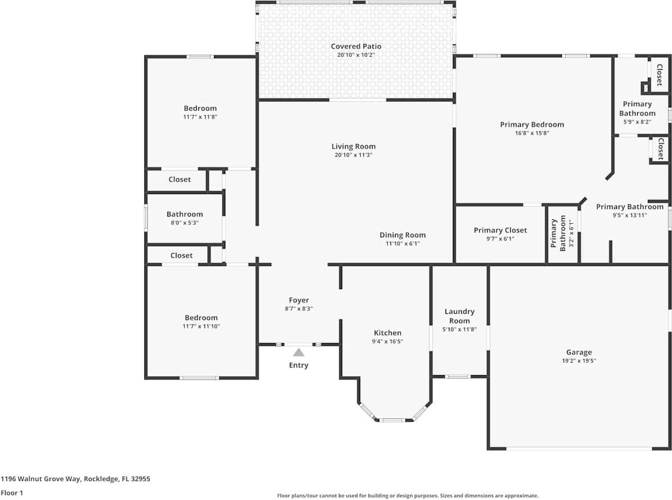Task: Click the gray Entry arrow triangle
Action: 298,353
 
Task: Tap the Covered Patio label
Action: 356,46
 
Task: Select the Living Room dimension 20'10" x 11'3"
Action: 353,155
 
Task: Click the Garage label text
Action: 579,353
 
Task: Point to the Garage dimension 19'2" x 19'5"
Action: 579,361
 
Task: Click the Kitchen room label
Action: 388,333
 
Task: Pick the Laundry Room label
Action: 459,316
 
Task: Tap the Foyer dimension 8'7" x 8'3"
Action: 299,309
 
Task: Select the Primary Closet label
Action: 500,230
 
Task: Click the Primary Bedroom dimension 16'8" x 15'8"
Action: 532,133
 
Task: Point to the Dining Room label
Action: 402,235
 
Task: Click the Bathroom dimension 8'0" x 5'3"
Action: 184,223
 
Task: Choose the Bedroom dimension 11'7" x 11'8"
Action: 200,117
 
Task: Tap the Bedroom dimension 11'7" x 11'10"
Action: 201,326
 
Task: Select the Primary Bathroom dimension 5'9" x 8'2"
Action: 637,121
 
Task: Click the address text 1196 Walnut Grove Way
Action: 75,479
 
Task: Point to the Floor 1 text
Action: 12,493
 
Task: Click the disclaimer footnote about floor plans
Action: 407,496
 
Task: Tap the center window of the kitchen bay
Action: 392,420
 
